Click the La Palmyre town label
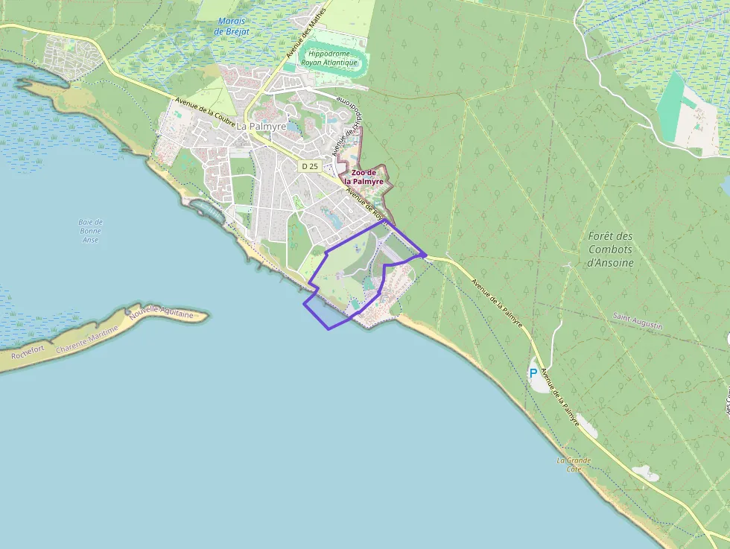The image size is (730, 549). coord(262,126)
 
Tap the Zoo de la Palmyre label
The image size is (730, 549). coord(363,177)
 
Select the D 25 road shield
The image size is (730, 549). coord(310,166)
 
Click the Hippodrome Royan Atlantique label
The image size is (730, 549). coord(329,59)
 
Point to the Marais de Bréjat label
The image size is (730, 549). coord(230,27)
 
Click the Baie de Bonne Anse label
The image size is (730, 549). coord(90,230)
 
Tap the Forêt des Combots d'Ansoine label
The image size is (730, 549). coord(610,249)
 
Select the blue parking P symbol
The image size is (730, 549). coord(533,372)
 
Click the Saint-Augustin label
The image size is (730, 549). coord(637,317)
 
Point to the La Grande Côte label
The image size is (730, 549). coord(574,465)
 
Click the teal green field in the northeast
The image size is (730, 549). coord(675,104)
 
